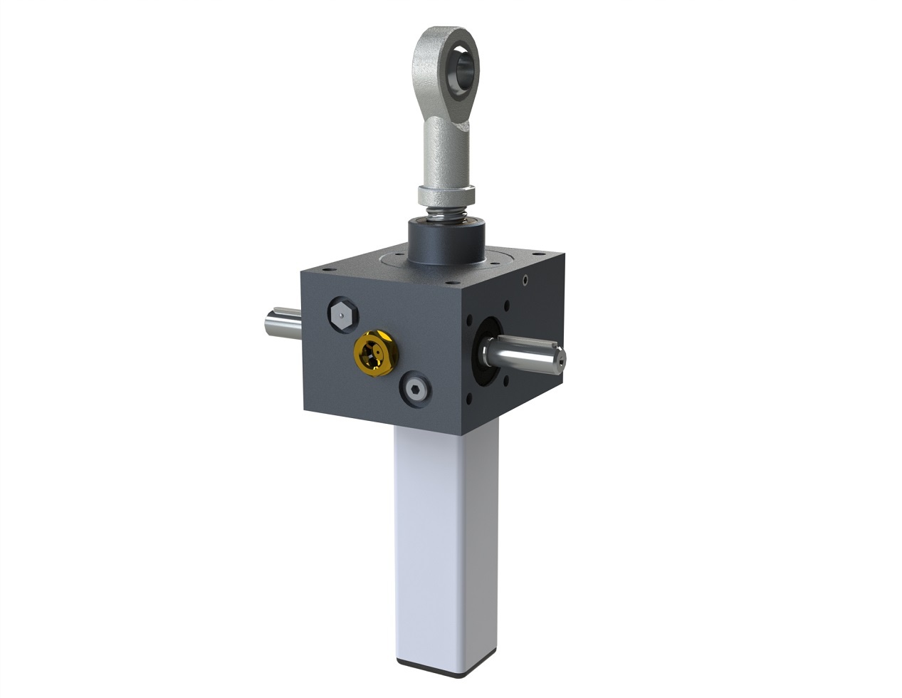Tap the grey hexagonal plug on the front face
pos(342,314)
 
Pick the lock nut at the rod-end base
pos(445,192)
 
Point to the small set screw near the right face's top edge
pos(525,280)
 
